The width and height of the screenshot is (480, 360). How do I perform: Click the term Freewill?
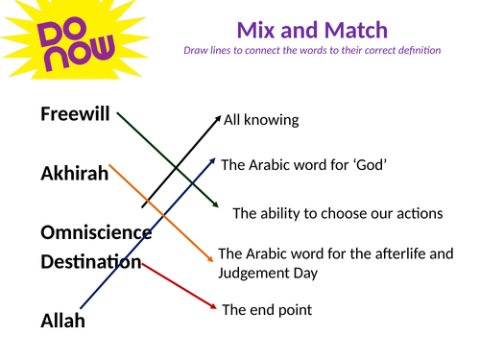[77, 114]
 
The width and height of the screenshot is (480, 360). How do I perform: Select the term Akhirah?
[74, 174]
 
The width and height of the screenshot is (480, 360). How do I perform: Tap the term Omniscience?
[96, 232]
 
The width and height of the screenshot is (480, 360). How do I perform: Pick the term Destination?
[91, 261]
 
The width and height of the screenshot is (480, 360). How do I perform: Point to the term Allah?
[62, 321]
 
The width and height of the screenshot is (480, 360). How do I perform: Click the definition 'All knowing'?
[261, 121]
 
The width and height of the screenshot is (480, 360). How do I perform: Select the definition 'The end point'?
[267, 310]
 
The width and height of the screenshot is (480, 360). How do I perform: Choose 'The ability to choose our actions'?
[337, 213]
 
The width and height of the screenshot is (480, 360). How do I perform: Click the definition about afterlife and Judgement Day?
[335, 263]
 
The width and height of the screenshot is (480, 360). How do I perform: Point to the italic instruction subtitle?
[313, 50]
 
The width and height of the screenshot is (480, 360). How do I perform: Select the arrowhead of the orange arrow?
[212, 258]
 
